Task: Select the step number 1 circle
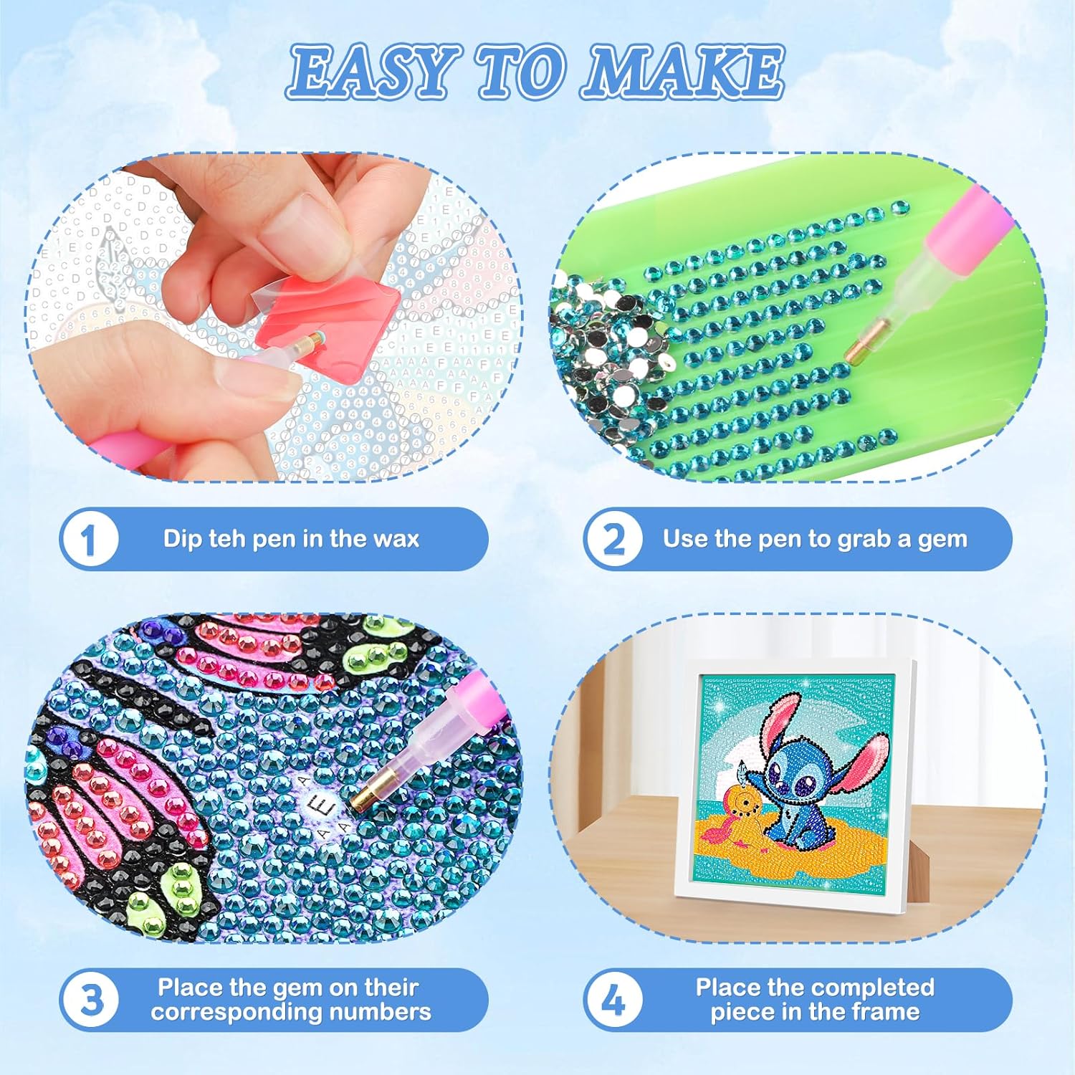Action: (x=90, y=540)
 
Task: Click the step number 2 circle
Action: (x=613, y=540)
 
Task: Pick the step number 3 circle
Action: (x=90, y=1000)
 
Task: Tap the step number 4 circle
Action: (x=613, y=1000)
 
